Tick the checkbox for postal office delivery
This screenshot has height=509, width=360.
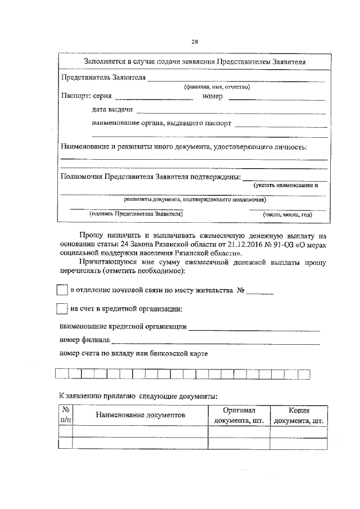(x=62, y=290)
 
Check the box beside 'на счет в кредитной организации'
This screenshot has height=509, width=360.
(x=62, y=309)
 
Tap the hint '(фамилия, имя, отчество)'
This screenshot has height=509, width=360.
(x=216, y=87)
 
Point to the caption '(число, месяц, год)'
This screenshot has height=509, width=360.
(x=287, y=214)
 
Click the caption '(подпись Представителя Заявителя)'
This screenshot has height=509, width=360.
(x=136, y=214)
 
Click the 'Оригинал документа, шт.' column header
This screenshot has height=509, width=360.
(x=239, y=416)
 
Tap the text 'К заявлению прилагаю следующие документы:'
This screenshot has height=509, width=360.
(x=138, y=396)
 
